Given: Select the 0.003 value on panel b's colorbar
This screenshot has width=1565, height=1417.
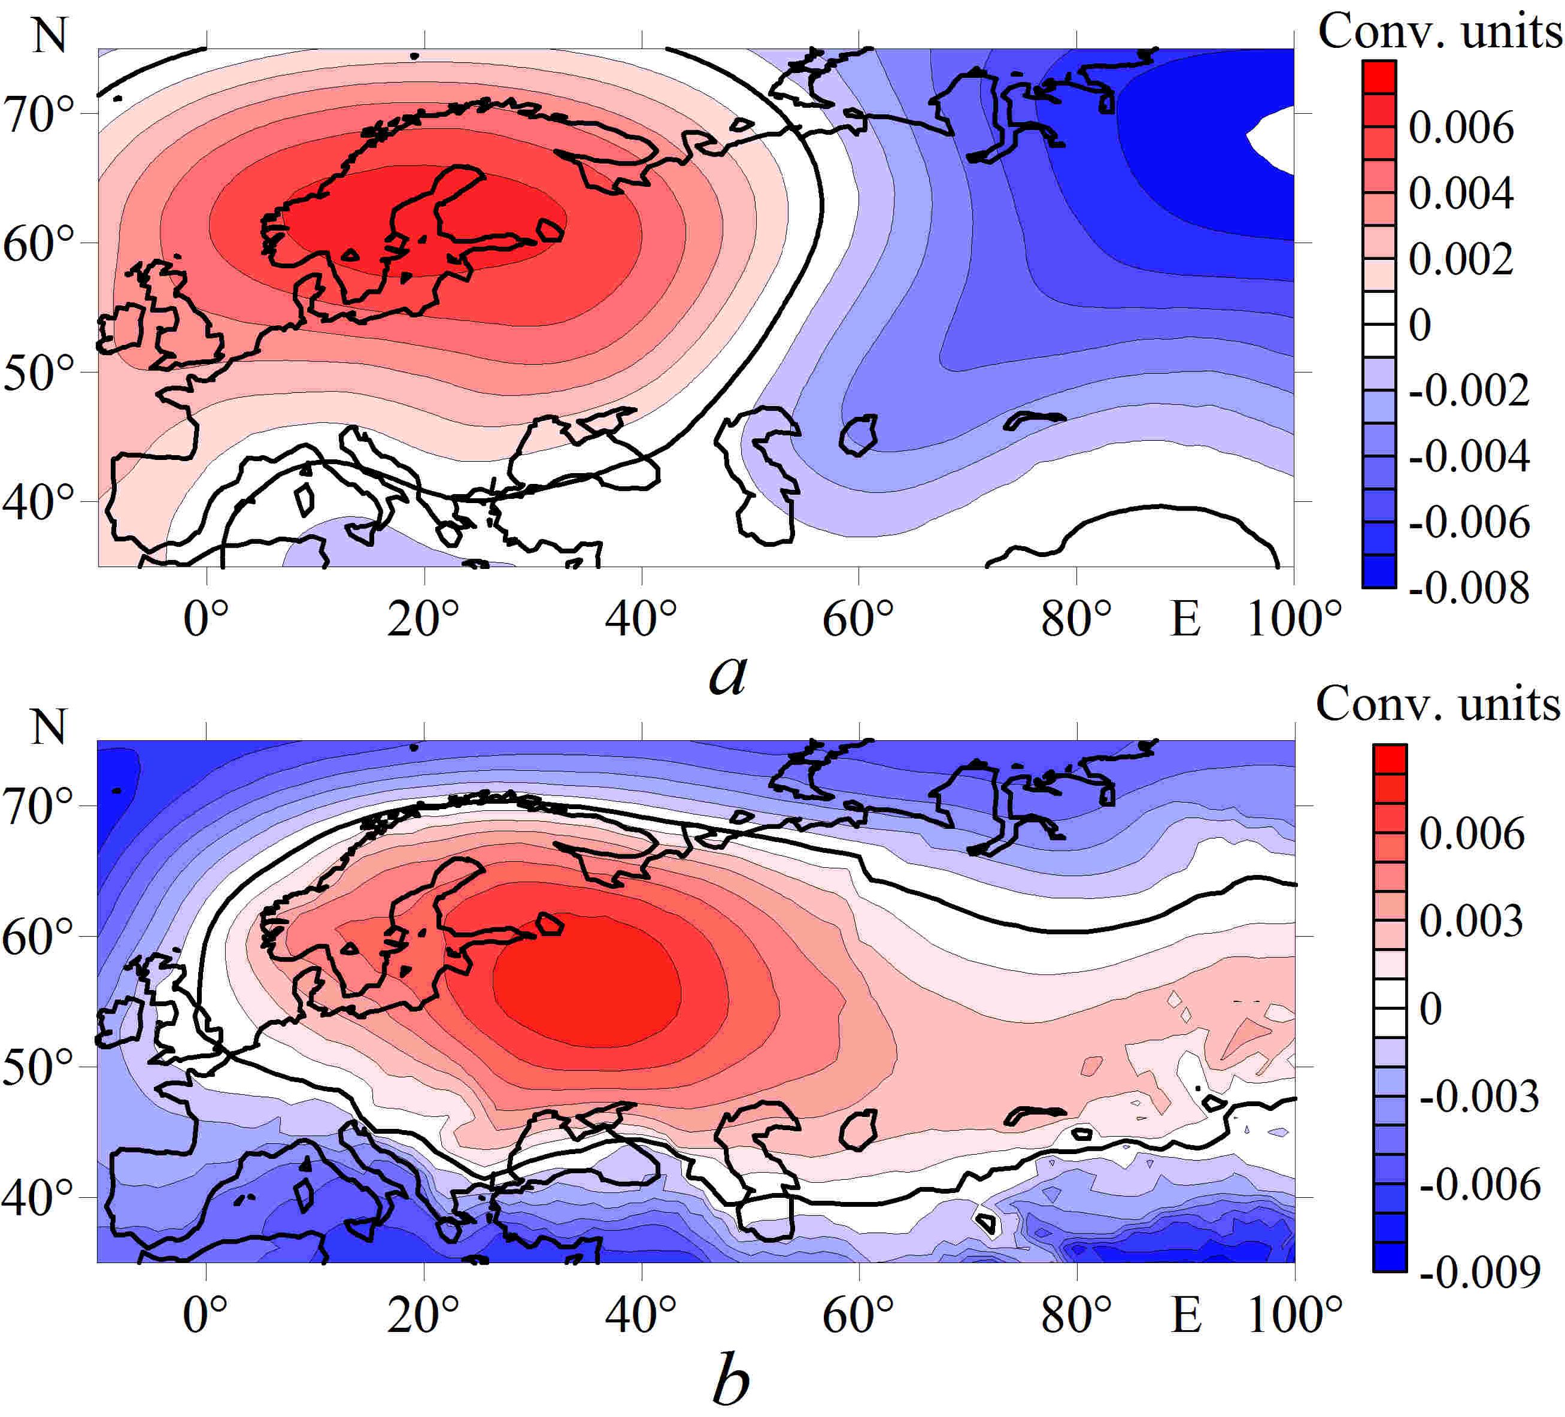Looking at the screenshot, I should click(x=1472, y=922).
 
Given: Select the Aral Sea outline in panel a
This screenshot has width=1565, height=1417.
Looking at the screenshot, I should click(x=859, y=434).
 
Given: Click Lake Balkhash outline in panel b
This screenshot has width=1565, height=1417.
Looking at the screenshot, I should click(x=1034, y=1115).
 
